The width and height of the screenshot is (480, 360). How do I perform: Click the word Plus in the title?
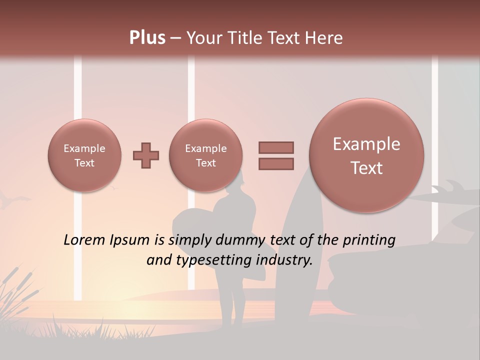pos(147,38)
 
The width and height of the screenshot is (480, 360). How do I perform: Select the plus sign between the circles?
pos(146,155)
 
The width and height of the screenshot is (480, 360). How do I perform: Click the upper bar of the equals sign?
pos(276,147)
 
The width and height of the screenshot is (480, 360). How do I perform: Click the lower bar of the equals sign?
pos(276,164)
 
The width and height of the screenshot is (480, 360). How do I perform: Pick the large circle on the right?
pos(366,155)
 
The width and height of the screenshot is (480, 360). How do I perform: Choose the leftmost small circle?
pos(84,155)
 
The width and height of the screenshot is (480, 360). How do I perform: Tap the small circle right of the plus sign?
pos(205,155)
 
